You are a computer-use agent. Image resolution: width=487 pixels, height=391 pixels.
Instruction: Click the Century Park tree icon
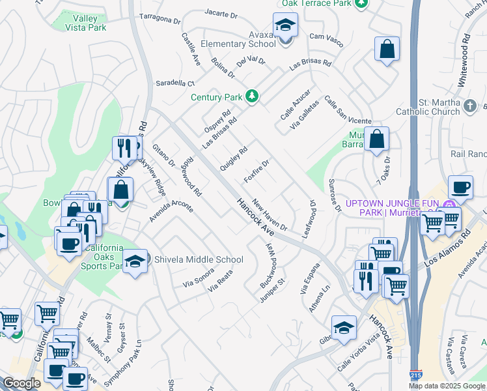(x=252, y=97)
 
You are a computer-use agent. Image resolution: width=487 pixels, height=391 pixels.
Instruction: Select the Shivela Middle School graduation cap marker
(x=135, y=261)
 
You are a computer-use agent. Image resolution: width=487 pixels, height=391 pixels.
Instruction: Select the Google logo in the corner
(x=21, y=383)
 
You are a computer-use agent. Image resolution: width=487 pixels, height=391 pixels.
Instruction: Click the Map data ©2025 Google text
(x=447, y=386)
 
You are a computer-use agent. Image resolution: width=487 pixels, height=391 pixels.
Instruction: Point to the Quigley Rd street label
(x=234, y=158)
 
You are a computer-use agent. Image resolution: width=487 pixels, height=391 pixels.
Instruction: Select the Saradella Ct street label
(x=174, y=83)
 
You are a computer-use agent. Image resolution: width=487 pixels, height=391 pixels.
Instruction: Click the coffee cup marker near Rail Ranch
(x=460, y=187)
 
